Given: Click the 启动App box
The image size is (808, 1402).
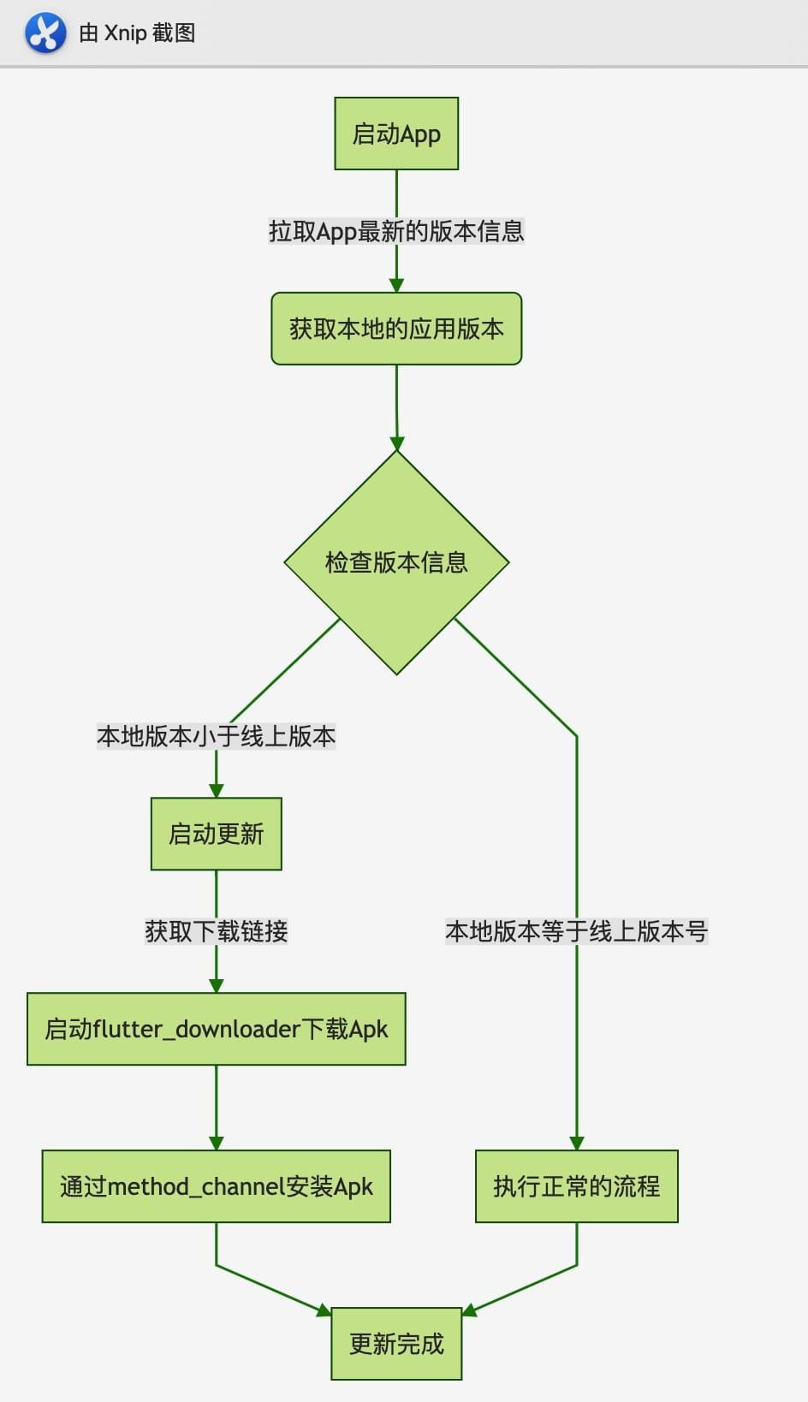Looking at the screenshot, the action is pyautogui.click(x=396, y=134).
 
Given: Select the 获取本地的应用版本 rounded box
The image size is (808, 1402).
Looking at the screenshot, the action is pyautogui.click(x=396, y=329).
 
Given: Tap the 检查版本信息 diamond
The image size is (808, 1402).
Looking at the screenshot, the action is pyautogui.click(x=396, y=562).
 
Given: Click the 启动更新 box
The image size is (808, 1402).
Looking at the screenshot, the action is pyautogui.click(x=216, y=834).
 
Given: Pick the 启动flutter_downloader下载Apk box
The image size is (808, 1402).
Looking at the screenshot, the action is pyautogui.click(x=216, y=1029).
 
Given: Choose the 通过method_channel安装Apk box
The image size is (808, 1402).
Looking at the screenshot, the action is pyautogui.click(x=216, y=1186).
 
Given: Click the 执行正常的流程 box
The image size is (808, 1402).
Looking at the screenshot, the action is pyautogui.click(x=576, y=1186).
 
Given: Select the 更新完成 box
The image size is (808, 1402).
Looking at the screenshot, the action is pyautogui.click(x=396, y=1343).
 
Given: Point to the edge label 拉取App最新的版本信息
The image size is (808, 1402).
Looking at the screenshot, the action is pyautogui.click(x=396, y=231).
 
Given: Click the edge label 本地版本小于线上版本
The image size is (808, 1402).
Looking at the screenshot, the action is pyautogui.click(x=216, y=736).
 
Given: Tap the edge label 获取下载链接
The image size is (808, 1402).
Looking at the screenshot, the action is pyautogui.click(x=216, y=931).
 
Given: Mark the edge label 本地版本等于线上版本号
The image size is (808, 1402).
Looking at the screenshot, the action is pyautogui.click(x=576, y=931).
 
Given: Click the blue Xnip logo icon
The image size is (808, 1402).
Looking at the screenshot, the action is pyautogui.click(x=45, y=33).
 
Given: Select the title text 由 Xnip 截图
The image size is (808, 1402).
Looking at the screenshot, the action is pyautogui.click(x=137, y=33).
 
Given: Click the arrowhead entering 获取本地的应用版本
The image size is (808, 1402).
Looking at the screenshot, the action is pyautogui.click(x=396, y=285).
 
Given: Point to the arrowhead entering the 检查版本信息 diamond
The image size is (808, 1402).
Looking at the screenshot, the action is pyautogui.click(x=397, y=443).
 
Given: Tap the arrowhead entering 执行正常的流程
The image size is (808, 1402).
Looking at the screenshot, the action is pyautogui.click(x=576, y=1143).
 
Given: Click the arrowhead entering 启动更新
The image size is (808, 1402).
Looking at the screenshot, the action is pyautogui.click(x=216, y=791).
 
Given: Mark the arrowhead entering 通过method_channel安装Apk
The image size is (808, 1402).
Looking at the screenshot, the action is pyautogui.click(x=216, y=1143).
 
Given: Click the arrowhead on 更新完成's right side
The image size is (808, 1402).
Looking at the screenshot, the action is pyautogui.click(x=469, y=1310).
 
